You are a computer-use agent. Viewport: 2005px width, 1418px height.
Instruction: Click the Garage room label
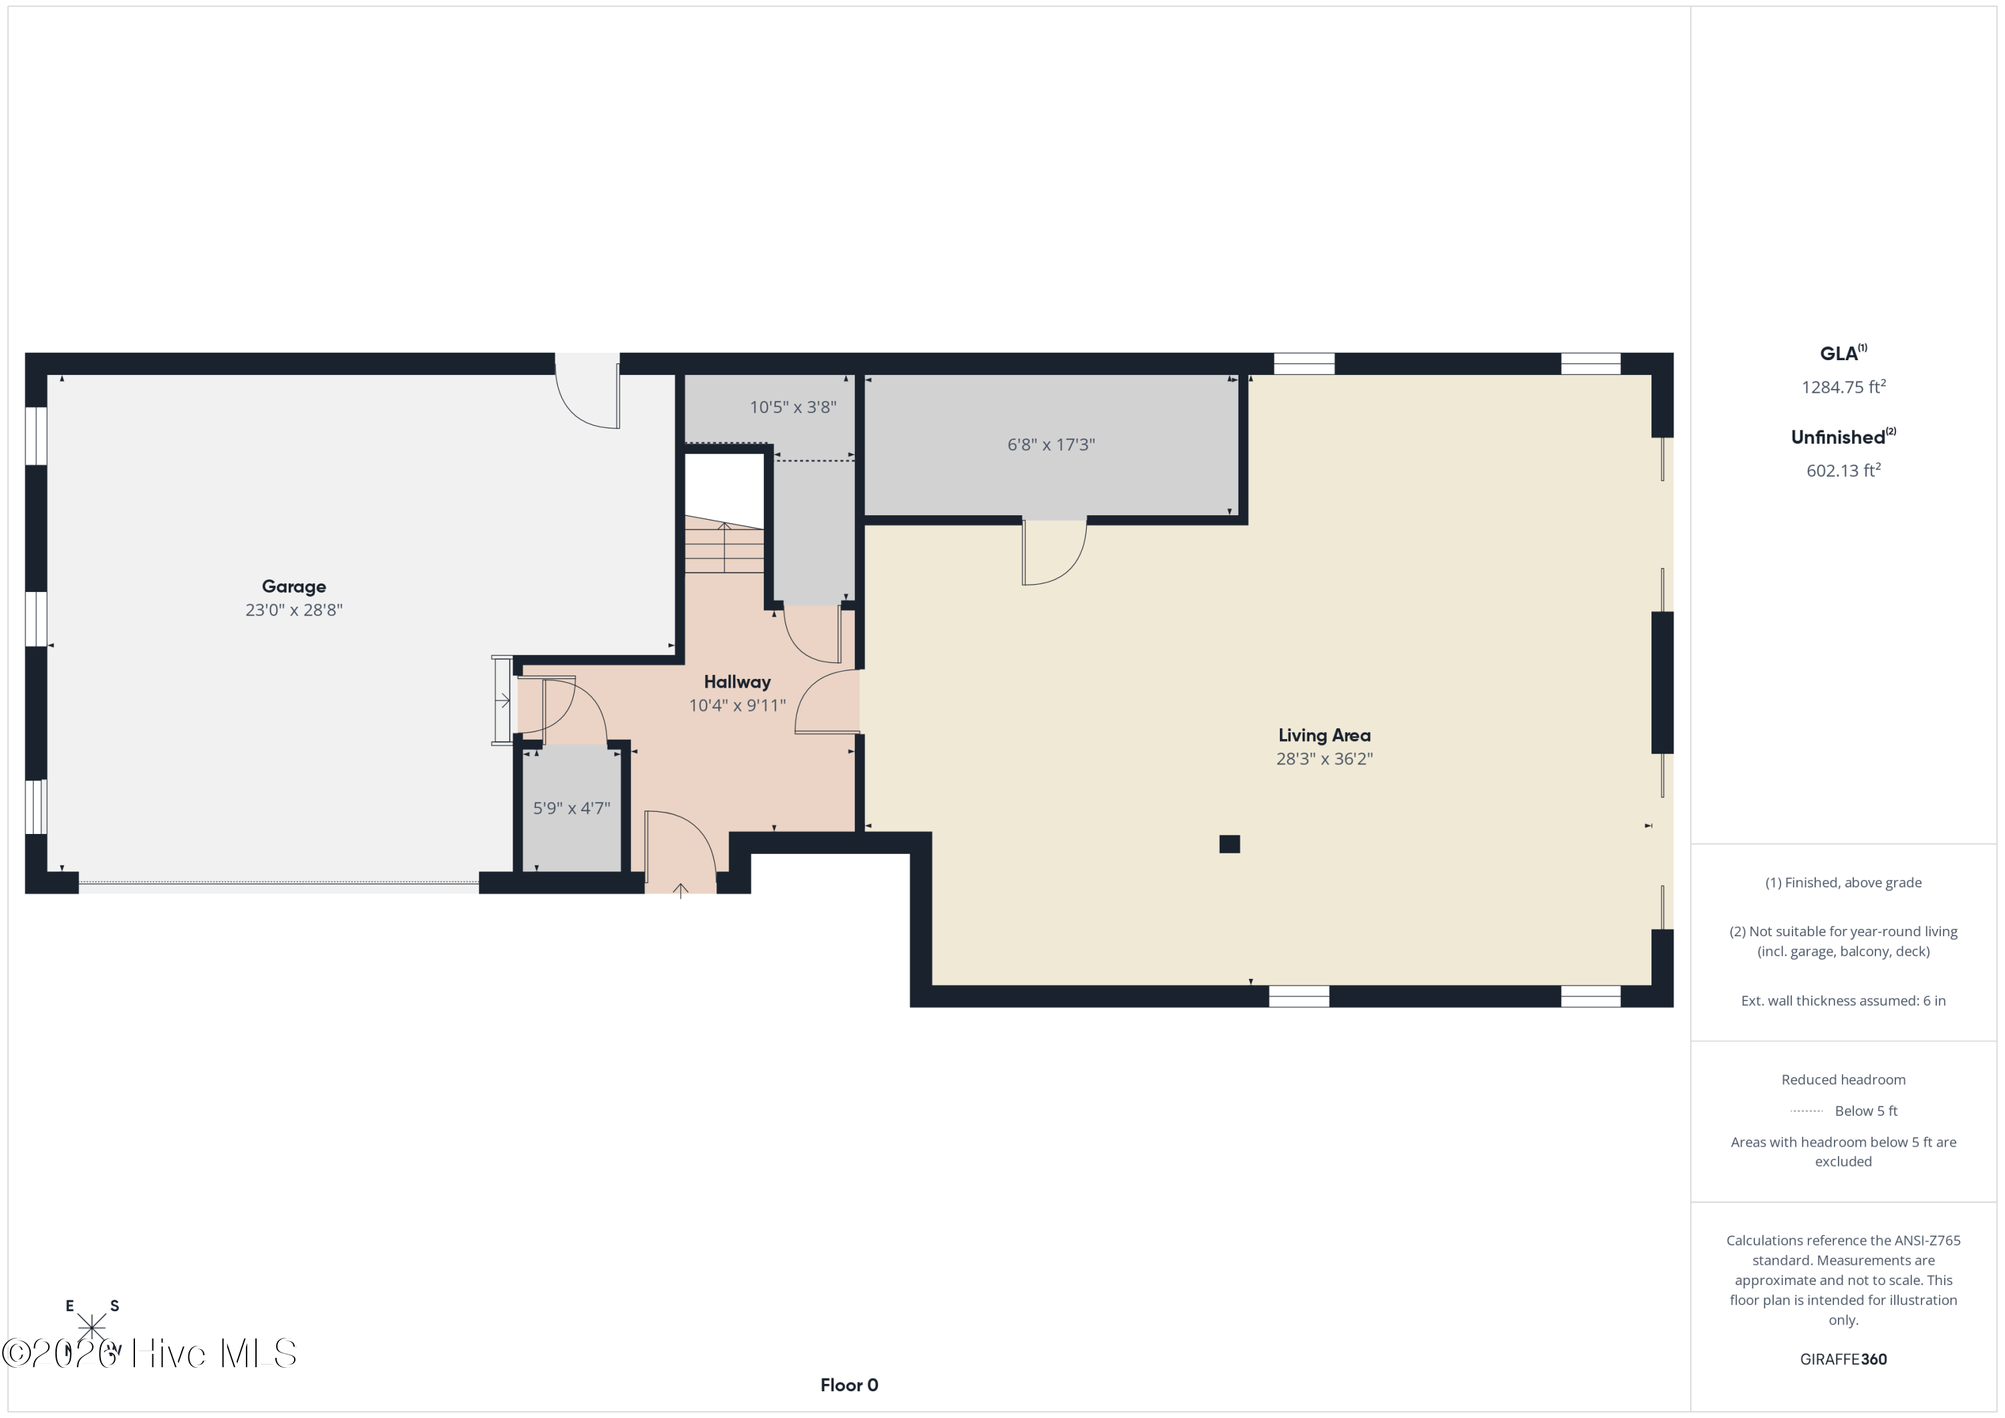(293, 587)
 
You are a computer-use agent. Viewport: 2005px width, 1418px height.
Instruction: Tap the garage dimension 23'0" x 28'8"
(293, 609)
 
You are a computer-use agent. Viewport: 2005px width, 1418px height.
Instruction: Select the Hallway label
(737, 682)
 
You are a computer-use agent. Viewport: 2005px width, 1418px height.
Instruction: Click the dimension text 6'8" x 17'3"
(1051, 444)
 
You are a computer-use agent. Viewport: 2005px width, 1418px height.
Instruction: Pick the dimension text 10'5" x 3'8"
(793, 407)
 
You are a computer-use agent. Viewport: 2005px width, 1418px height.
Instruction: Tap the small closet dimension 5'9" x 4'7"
(571, 809)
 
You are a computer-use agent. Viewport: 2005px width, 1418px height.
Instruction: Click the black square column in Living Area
(1230, 843)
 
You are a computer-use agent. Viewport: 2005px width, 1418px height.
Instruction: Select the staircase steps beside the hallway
(724, 546)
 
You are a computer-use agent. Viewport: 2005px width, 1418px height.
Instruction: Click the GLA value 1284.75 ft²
(1843, 387)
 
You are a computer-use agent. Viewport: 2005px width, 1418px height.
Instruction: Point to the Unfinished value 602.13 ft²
(1843, 470)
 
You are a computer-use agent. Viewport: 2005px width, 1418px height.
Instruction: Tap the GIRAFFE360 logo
(1843, 1359)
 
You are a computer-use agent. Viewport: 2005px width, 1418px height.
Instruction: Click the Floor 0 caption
(849, 1385)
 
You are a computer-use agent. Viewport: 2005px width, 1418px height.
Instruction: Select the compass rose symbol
(92, 1328)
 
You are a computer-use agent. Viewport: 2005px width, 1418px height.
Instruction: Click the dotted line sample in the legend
(1806, 1111)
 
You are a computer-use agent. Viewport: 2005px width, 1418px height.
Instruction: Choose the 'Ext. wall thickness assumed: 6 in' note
(1843, 1000)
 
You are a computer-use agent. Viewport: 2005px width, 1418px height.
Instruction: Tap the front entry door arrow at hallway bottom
(680, 891)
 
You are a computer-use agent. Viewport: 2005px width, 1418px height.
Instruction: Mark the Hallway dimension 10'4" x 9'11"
(737, 706)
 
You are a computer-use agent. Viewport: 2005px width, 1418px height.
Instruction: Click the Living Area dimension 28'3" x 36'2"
(1324, 758)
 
